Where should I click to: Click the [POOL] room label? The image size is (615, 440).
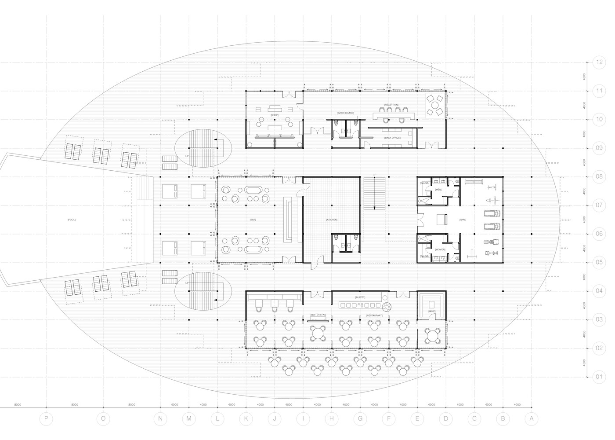(72, 220)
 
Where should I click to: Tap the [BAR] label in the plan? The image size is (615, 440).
(253, 220)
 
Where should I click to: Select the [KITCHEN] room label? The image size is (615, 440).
(332, 220)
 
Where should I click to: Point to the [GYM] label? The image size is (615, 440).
(463, 219)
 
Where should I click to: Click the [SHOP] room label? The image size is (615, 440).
(275, 115)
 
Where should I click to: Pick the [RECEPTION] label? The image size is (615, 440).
(391, 105)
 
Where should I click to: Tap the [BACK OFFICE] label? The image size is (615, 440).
(392, 138)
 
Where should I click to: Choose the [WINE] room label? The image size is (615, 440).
(431, 311)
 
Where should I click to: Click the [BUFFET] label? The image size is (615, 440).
(360, 297)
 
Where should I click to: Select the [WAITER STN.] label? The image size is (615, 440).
(318, 315)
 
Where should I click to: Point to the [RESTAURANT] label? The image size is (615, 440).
(374, 315)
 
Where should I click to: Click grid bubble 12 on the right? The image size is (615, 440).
(599, 62)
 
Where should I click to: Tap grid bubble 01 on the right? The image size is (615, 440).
(599, 377)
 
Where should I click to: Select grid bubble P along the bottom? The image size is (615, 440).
(46, 419)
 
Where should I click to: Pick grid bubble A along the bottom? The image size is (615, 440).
(532, 419)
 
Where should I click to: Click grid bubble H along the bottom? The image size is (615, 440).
(332, 419)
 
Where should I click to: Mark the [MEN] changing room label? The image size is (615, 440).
(438, 190)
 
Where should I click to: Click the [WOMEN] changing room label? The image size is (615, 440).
(440, 249)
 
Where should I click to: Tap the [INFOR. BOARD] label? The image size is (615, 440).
(345, 113)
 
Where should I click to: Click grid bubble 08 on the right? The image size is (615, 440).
(599, 176)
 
